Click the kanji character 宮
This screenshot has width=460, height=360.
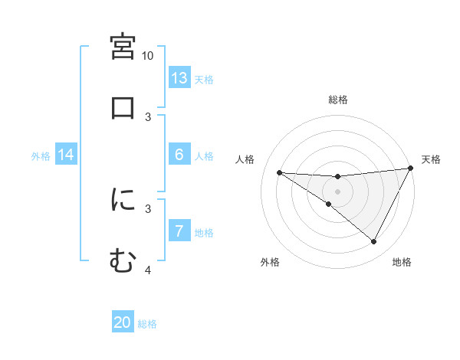pos(123,47)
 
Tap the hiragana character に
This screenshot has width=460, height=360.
pos(123,201)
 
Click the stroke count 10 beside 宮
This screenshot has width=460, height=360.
pos(148,56)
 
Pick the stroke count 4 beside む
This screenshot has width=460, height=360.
pos(148,270)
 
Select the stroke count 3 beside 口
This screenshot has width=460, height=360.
pos(148,116)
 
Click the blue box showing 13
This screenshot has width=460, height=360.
pos(179,78)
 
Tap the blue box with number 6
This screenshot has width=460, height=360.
pos(179,155)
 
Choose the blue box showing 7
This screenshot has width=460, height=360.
pos(179,231)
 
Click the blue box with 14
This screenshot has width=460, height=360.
pos(66,155)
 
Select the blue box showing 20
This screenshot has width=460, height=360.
pos(123,322)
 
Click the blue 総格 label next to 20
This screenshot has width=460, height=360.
pos(148,324)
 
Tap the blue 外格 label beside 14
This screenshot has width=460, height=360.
pos(41,156)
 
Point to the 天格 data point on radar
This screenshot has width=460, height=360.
pos(411,169)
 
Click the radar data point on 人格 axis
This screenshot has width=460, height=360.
pos(280,172)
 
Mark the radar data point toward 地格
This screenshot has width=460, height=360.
pos(374,242)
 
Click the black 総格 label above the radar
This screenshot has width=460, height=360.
pos(338,100)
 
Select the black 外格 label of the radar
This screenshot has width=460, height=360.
pos(270,262)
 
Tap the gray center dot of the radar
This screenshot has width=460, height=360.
pos(338,191)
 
